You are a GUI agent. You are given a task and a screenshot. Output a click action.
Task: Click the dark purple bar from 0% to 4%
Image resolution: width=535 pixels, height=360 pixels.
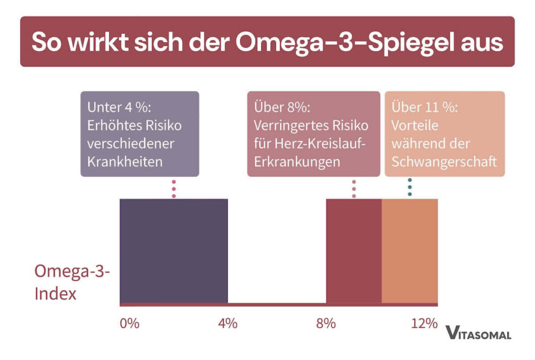tap(173, 250)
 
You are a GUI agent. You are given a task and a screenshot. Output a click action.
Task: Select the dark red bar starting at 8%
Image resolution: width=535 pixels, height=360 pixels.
tap(354, 250)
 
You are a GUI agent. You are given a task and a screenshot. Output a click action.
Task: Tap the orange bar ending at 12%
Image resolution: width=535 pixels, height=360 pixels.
tap(410, 250)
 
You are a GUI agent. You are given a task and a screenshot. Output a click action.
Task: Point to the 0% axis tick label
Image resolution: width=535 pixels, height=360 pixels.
tap(130, 323)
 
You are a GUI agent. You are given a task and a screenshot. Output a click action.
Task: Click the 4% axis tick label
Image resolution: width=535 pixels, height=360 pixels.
tap(227, 323)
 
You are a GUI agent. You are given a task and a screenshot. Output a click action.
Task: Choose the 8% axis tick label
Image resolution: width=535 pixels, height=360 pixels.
tap(325, 323)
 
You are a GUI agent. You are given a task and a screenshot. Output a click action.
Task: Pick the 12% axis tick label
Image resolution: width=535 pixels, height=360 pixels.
tap(424, 323)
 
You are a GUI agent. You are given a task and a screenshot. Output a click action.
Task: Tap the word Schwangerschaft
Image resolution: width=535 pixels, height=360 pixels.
tap(444, 161)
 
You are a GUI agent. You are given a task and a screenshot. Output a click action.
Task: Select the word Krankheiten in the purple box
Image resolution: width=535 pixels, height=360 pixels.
tap(125, 161)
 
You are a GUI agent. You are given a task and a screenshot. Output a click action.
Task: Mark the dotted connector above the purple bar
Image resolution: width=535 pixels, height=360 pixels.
tap(174, 189)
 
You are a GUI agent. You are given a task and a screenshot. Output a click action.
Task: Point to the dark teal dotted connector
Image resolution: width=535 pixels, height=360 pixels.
tap(410, 187)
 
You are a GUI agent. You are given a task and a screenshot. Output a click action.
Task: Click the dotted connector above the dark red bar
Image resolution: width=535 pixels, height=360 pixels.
tap(354, 189)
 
